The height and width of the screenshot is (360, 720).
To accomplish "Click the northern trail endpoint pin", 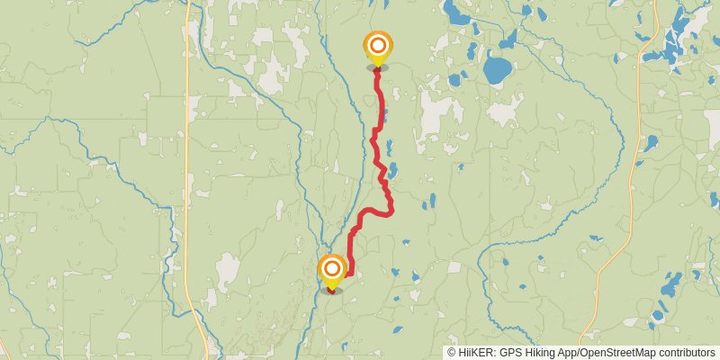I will (378, 46).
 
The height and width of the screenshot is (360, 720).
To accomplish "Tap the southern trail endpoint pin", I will (332, 269).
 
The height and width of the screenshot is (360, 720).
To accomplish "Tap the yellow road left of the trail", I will (187, 180).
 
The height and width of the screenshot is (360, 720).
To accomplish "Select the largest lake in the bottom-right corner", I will (670, 286).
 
